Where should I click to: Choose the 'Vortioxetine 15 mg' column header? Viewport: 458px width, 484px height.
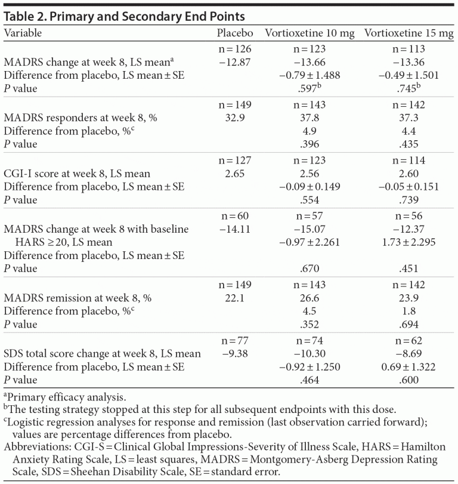click(409, 33)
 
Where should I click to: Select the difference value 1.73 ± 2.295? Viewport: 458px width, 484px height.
click(409, 242)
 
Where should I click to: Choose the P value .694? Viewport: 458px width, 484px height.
click(409, 325)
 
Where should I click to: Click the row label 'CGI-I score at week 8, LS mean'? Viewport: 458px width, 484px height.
click(78, 174)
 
